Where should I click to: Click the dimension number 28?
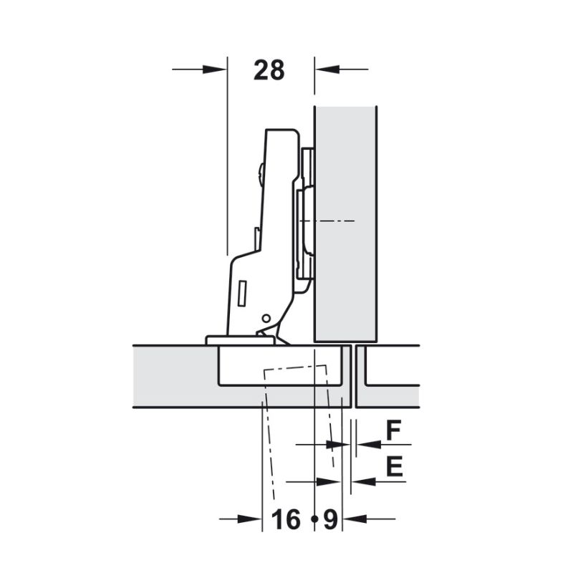(269, 70)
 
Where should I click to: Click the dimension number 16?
(286, 519)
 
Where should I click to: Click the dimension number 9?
(330, 519)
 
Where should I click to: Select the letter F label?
(393, 430)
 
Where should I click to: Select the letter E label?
(395, 466)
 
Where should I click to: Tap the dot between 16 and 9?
(314, 519)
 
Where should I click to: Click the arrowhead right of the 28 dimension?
(327, 69)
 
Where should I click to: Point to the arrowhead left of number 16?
(249, 519)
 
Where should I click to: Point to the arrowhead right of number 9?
(355, 519)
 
